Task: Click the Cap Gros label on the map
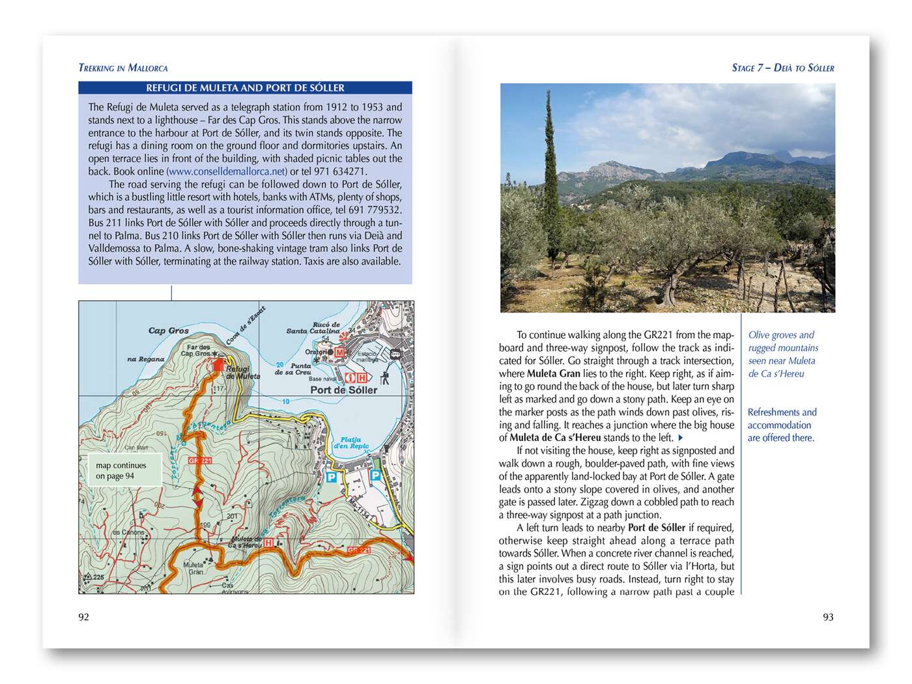coord(168,331)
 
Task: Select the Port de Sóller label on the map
coord(343,390)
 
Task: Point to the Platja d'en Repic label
coord(351,443)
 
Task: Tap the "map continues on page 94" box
coord(124,470)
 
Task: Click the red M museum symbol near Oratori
coord(339,352)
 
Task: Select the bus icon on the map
coord(395,354)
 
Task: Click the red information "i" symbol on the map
coord(350,378)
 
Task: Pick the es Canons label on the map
coord(129,532)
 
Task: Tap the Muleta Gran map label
coord(193,568)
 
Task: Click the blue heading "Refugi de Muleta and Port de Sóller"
coord(245,88)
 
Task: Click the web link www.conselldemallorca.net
coord(227,171)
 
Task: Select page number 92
coord(83,617)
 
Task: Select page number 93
coord(828,617)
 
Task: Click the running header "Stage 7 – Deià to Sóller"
coord(783,68)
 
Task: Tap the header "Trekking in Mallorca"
coord(123,68)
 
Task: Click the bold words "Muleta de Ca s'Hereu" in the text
coord(555,438)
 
